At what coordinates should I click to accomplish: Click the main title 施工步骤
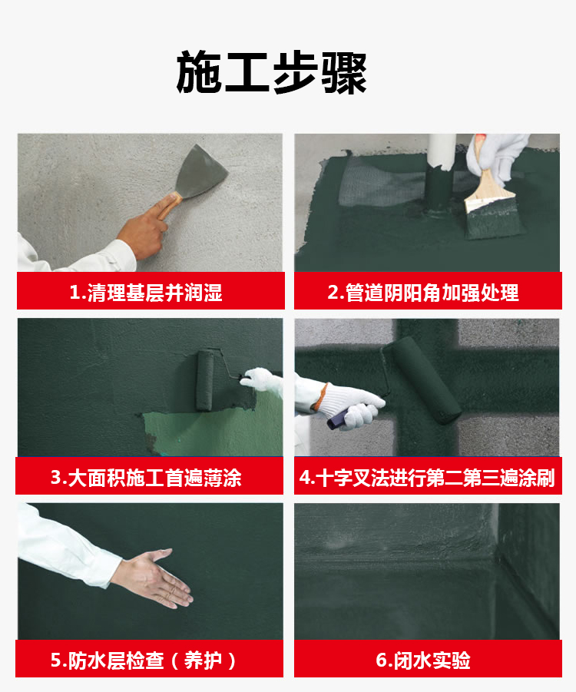[271, 73]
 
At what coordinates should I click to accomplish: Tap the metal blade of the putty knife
[200, 171]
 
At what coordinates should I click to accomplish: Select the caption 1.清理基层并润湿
[146, 293]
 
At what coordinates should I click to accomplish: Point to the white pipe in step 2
[442, 151]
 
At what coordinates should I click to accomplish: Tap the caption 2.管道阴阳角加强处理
[423, 293]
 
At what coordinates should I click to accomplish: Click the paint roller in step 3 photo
[204, 379]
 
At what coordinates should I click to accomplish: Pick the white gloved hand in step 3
[262, 379]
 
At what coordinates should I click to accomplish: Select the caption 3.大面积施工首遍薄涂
[146, 478]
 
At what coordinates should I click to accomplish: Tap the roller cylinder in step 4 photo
[422, 380]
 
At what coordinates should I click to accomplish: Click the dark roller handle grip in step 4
[338, 419]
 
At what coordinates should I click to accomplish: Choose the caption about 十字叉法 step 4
[427, 478]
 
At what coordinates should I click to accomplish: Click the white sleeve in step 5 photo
[66, 546]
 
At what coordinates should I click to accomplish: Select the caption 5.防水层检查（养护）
[144, 661]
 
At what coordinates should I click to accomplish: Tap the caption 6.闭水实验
[423, 661]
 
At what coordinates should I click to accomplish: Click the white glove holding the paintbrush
[497, 157]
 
